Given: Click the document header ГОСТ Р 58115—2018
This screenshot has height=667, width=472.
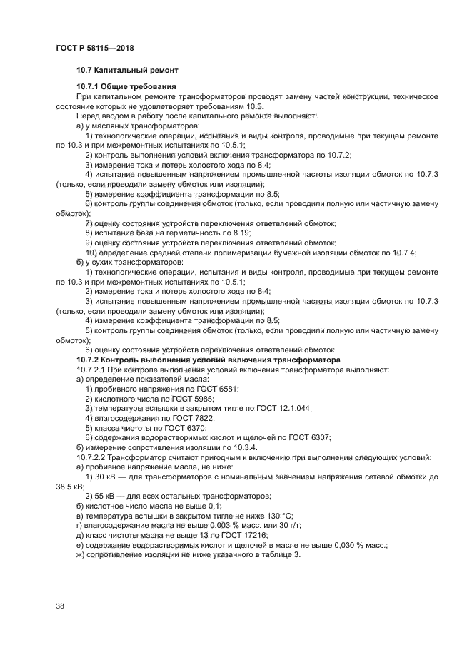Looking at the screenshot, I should pyautogui.click(x=94, y=48).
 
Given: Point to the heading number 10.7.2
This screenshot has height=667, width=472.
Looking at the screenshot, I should pyautogui.click(x=91, y=360).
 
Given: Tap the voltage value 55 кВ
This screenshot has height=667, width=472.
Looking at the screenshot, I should pyautogui.click(x=102, y=495).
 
